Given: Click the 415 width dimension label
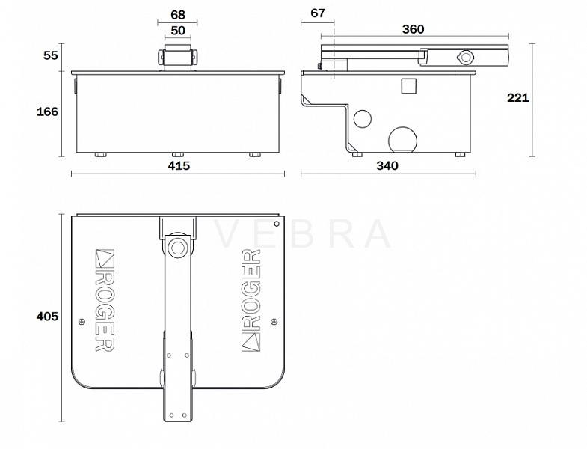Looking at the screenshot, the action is point(179,165).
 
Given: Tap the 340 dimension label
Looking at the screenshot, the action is point(387,165).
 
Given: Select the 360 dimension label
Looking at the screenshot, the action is point(413,29).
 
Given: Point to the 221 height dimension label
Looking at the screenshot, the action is point(518,97).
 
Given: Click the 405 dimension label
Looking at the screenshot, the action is point(47,317).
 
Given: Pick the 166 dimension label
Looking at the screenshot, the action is point(47,112).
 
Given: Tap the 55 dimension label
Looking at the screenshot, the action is point(51,55).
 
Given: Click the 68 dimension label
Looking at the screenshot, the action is point(178,15).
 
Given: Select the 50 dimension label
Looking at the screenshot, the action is point(178,31).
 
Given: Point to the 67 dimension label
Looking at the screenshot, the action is point(318,13).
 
